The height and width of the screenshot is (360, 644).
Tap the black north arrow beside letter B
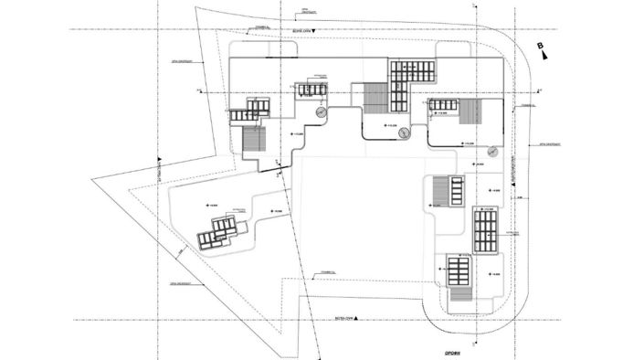click(546, 55)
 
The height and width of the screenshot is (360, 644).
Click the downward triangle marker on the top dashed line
click(311, 30)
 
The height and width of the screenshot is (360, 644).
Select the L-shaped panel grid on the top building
click(407, 79)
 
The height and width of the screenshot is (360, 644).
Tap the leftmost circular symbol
click(321, 111)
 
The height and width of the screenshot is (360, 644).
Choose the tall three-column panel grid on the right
click(484, 230)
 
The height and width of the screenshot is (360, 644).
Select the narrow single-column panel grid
click(455, 190)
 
